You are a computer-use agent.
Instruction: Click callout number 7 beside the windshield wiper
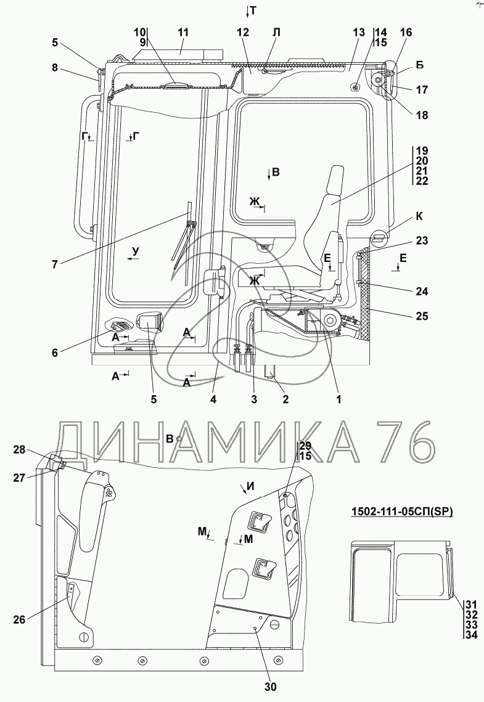55,264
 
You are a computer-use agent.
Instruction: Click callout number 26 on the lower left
19,619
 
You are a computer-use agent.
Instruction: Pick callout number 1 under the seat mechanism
338,399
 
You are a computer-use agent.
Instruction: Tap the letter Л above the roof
276,33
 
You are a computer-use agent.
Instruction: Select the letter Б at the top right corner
420,65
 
